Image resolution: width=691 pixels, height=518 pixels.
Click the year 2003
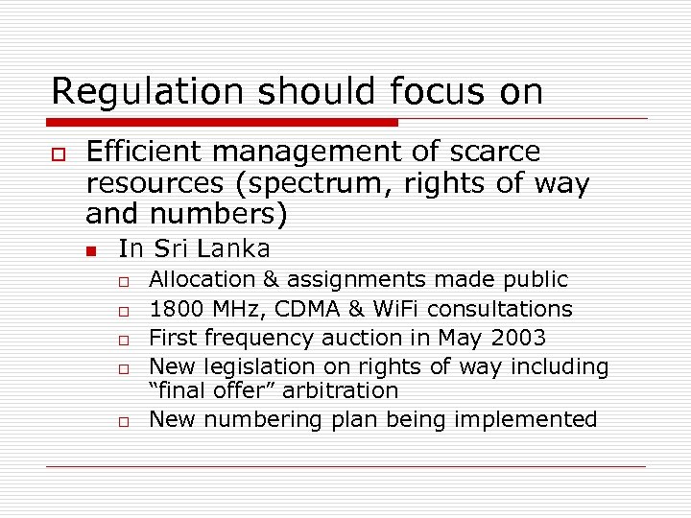point(518,338)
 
